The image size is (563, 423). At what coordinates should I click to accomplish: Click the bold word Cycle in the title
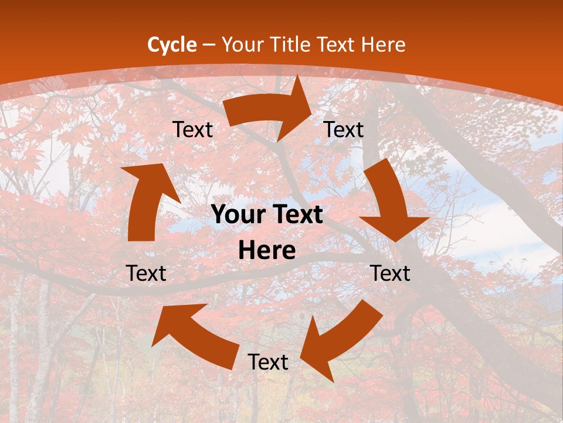(172, 45)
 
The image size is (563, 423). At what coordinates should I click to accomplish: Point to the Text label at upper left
(192, 130)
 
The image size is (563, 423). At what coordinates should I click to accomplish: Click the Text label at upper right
(344, 130)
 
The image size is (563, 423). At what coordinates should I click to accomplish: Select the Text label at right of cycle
(390, 273)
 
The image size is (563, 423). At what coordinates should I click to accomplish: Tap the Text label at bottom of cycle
(268, 362)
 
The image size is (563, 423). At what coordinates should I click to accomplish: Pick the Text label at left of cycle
(146, 273)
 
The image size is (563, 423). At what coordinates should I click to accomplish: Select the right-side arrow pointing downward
(390, 200)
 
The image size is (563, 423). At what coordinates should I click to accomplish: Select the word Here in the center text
(267, 251)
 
